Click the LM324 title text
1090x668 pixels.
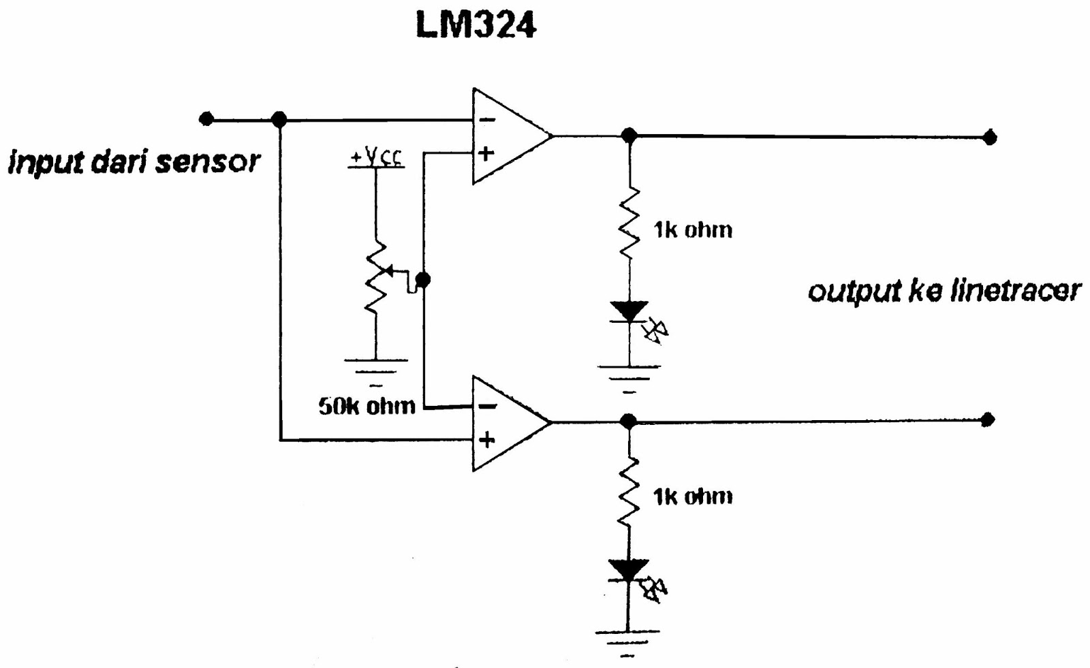click(476, 25)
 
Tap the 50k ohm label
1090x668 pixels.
click(367, 406)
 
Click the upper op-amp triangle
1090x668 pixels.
click(508, 136)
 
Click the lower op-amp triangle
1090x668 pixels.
click(508, 423)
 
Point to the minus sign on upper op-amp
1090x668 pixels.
click(487, 120)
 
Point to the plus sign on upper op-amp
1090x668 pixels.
click(486, 153)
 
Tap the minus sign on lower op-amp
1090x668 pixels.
click(487, 407)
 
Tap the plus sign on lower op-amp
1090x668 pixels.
click(486, 440)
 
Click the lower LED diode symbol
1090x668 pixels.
click(629, 571)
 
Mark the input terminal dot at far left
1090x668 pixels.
click(206, 119)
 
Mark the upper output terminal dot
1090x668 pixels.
click(990, 138)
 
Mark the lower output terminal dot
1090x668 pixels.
click(988, 419)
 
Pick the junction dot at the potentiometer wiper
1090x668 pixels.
click(423, 279)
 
